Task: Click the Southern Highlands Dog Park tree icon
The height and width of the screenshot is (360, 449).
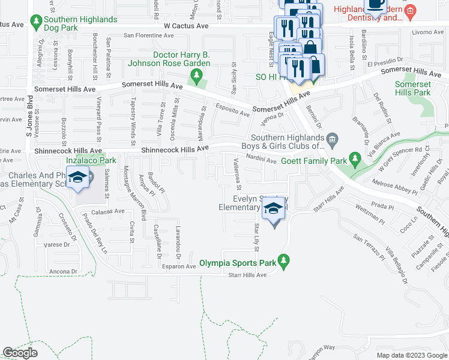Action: [x=37, y=23]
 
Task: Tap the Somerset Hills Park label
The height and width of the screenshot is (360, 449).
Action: [x=412, y=88]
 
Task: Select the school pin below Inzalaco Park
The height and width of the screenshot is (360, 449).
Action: [x=77, y=178]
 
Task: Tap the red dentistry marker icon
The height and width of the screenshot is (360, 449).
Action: [x=410, y=11]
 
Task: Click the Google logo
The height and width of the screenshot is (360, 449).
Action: [x=20, y=353]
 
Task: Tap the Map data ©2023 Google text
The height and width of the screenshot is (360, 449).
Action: [x=411, y=355]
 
